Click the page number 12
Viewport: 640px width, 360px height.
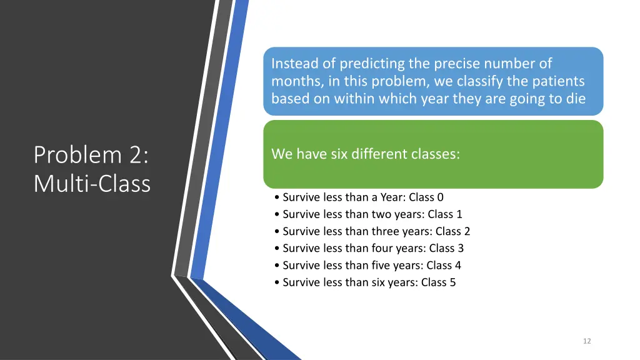[586, 341]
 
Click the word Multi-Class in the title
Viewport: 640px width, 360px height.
[92, 183]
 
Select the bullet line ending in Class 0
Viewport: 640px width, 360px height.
[359, 197]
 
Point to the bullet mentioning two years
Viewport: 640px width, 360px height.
[368, 214]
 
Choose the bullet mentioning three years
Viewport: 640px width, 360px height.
[372, 231]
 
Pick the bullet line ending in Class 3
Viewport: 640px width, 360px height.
[369, 248]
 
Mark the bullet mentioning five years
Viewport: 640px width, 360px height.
[367, 265]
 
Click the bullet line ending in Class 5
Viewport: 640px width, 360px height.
[365, 282]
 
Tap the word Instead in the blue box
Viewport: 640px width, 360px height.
[291, 64]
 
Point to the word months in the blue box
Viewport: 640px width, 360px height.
[291, 81]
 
